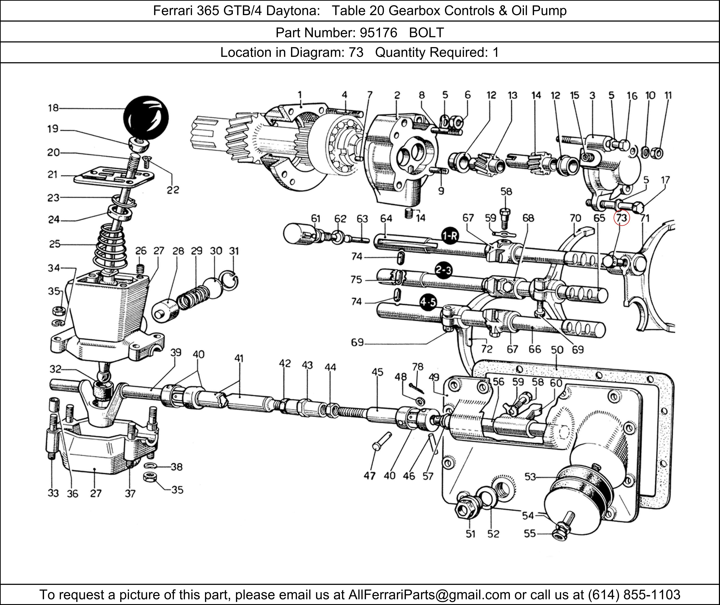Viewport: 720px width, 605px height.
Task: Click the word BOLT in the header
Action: pos(427,33)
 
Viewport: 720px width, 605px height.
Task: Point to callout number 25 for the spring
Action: pos(55,244)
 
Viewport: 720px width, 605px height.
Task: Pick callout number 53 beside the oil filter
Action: pos(530,477)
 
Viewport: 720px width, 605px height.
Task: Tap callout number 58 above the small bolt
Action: pos(506,191)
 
